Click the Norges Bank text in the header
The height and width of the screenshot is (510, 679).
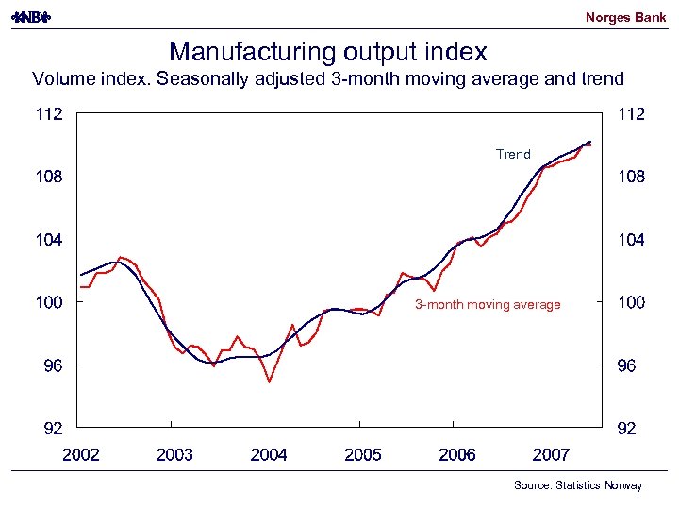point(625,17)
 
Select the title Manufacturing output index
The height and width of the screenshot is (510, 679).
point(327,50)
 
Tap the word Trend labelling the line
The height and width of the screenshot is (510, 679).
point(513,154)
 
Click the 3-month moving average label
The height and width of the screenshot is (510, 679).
point(488,304)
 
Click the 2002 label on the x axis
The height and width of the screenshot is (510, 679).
point(80,455)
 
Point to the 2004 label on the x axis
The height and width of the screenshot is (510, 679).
point(269,455)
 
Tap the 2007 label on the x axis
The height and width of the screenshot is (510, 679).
point(551,455)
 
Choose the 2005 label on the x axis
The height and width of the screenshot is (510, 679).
point(363,455)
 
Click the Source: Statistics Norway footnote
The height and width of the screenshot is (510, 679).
point(577,485)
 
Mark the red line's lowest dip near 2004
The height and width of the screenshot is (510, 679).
point(270,382)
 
